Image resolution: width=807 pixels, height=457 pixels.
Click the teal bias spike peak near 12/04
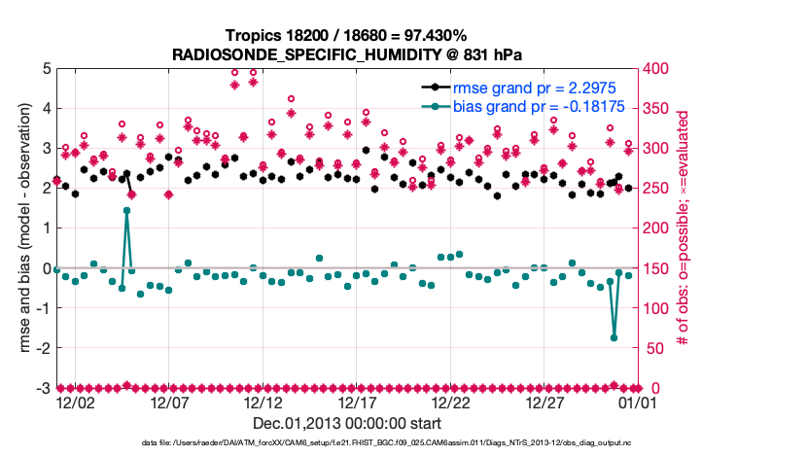(126, 210)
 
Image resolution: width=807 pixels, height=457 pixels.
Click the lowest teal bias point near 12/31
(614, 337)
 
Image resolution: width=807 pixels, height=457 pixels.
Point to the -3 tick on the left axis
(42, 388)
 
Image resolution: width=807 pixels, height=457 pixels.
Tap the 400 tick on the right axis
(657, 68)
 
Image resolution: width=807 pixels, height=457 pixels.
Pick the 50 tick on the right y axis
(654, 348)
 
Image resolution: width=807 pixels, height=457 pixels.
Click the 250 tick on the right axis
(657, 188)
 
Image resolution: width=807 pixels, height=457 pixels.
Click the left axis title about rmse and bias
(18, 228)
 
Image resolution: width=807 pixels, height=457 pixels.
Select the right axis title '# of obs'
(684, 228)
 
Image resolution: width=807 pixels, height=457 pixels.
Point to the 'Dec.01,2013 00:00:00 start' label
(347, 424)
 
